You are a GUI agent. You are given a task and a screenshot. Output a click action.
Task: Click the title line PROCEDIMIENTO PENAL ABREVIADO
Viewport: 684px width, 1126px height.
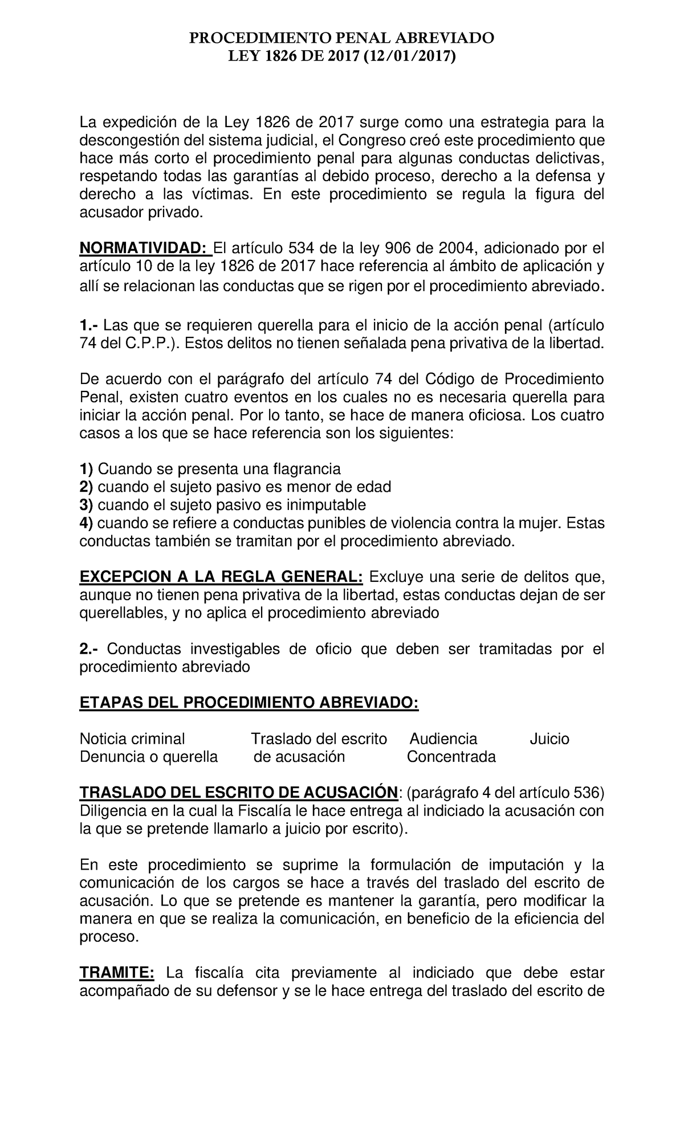(x=341, y=39)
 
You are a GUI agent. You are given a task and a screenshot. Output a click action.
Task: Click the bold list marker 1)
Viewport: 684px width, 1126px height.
(x=86, y=469)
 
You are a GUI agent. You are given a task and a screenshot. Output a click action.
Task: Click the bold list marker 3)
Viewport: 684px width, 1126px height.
(x=86, y=505)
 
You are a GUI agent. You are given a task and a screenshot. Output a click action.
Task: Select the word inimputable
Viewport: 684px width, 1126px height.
(x=325, y=505)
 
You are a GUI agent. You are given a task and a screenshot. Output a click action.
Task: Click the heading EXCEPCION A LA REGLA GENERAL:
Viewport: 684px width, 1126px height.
(x=221, y=577)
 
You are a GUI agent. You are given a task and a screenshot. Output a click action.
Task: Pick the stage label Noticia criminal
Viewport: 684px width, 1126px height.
(x=132, y=739)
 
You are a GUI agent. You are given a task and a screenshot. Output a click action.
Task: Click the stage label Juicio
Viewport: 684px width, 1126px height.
(x=549, y=739)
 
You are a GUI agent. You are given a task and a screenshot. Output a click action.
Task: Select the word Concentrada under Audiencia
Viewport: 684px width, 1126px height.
(x=451, y=757)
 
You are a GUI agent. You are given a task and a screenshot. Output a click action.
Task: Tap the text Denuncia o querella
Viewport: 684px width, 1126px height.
(x=148, y=757)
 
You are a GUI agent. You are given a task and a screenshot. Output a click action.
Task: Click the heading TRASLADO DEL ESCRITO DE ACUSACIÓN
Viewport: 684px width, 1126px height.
(x=238, y=793)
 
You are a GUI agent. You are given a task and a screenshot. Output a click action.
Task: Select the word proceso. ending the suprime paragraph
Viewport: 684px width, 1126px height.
(x=108, y=937)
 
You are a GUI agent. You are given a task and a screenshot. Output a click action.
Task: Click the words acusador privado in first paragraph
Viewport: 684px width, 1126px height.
(x=140, y=213)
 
